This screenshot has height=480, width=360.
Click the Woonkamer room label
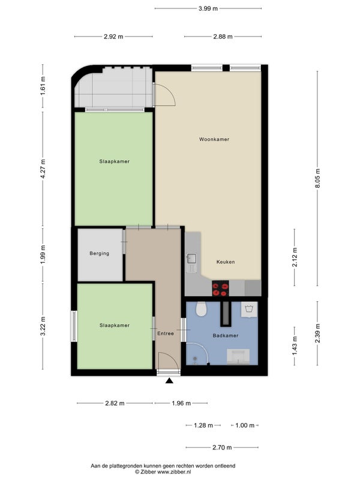[x=214, y=139]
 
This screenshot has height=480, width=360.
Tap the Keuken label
[x=226, y=262]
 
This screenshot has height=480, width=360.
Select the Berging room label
[x=99, y=253]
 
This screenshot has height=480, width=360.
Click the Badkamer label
[x=226, y=335]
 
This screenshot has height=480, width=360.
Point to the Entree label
[x=166, y=334]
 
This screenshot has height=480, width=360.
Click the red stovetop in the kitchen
[x=220, y=289]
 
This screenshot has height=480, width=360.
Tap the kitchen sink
[x=191, y=259]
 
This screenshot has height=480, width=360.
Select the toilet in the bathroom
[x=202, y=310]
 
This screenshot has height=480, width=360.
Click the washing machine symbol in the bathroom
[x=249, y=309]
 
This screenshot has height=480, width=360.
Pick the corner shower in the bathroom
[x=197, y=354]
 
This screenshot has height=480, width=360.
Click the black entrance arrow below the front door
[x=169, y=380]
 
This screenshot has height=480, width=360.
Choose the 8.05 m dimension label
[x=317, y=178]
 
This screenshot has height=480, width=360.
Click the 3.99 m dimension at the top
[x=208, y=8]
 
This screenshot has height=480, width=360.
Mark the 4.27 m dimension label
[x=43, y=169]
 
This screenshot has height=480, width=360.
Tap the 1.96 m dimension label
[x=181, y=403]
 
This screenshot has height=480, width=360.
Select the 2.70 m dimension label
[x=222, y=448]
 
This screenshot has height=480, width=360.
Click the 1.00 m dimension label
[x=245, y=425]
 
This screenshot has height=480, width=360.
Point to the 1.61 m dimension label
[x=43, y=86]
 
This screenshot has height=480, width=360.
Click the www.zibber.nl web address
[x=174, y=472]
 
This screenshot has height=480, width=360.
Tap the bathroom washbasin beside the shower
[x=238, y=357]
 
